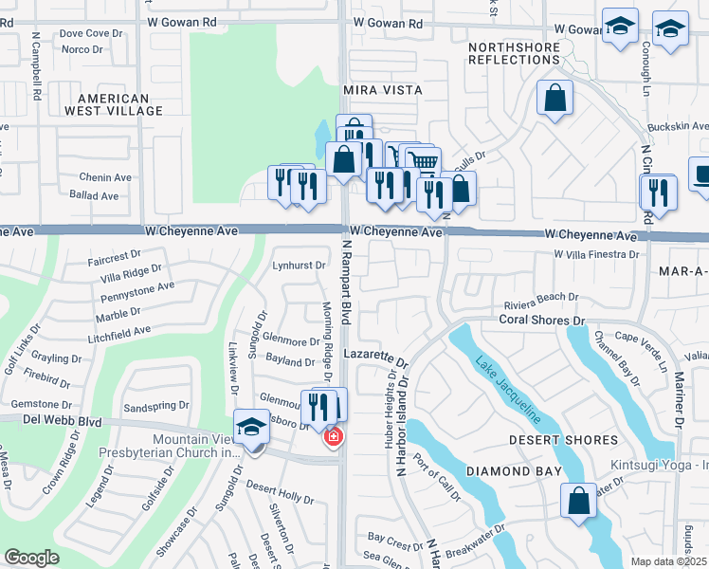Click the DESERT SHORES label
tap(563, 440)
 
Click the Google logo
tap(31, 558)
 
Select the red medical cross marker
tap(333, 436)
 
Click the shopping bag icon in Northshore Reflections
tap(554, 98)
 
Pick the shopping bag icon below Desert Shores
tap(578, 501)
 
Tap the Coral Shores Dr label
tap(543, 321)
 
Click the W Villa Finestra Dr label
tap(596, 254)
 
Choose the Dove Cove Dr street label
tap(92, 32)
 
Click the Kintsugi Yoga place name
tap(664, 467)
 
